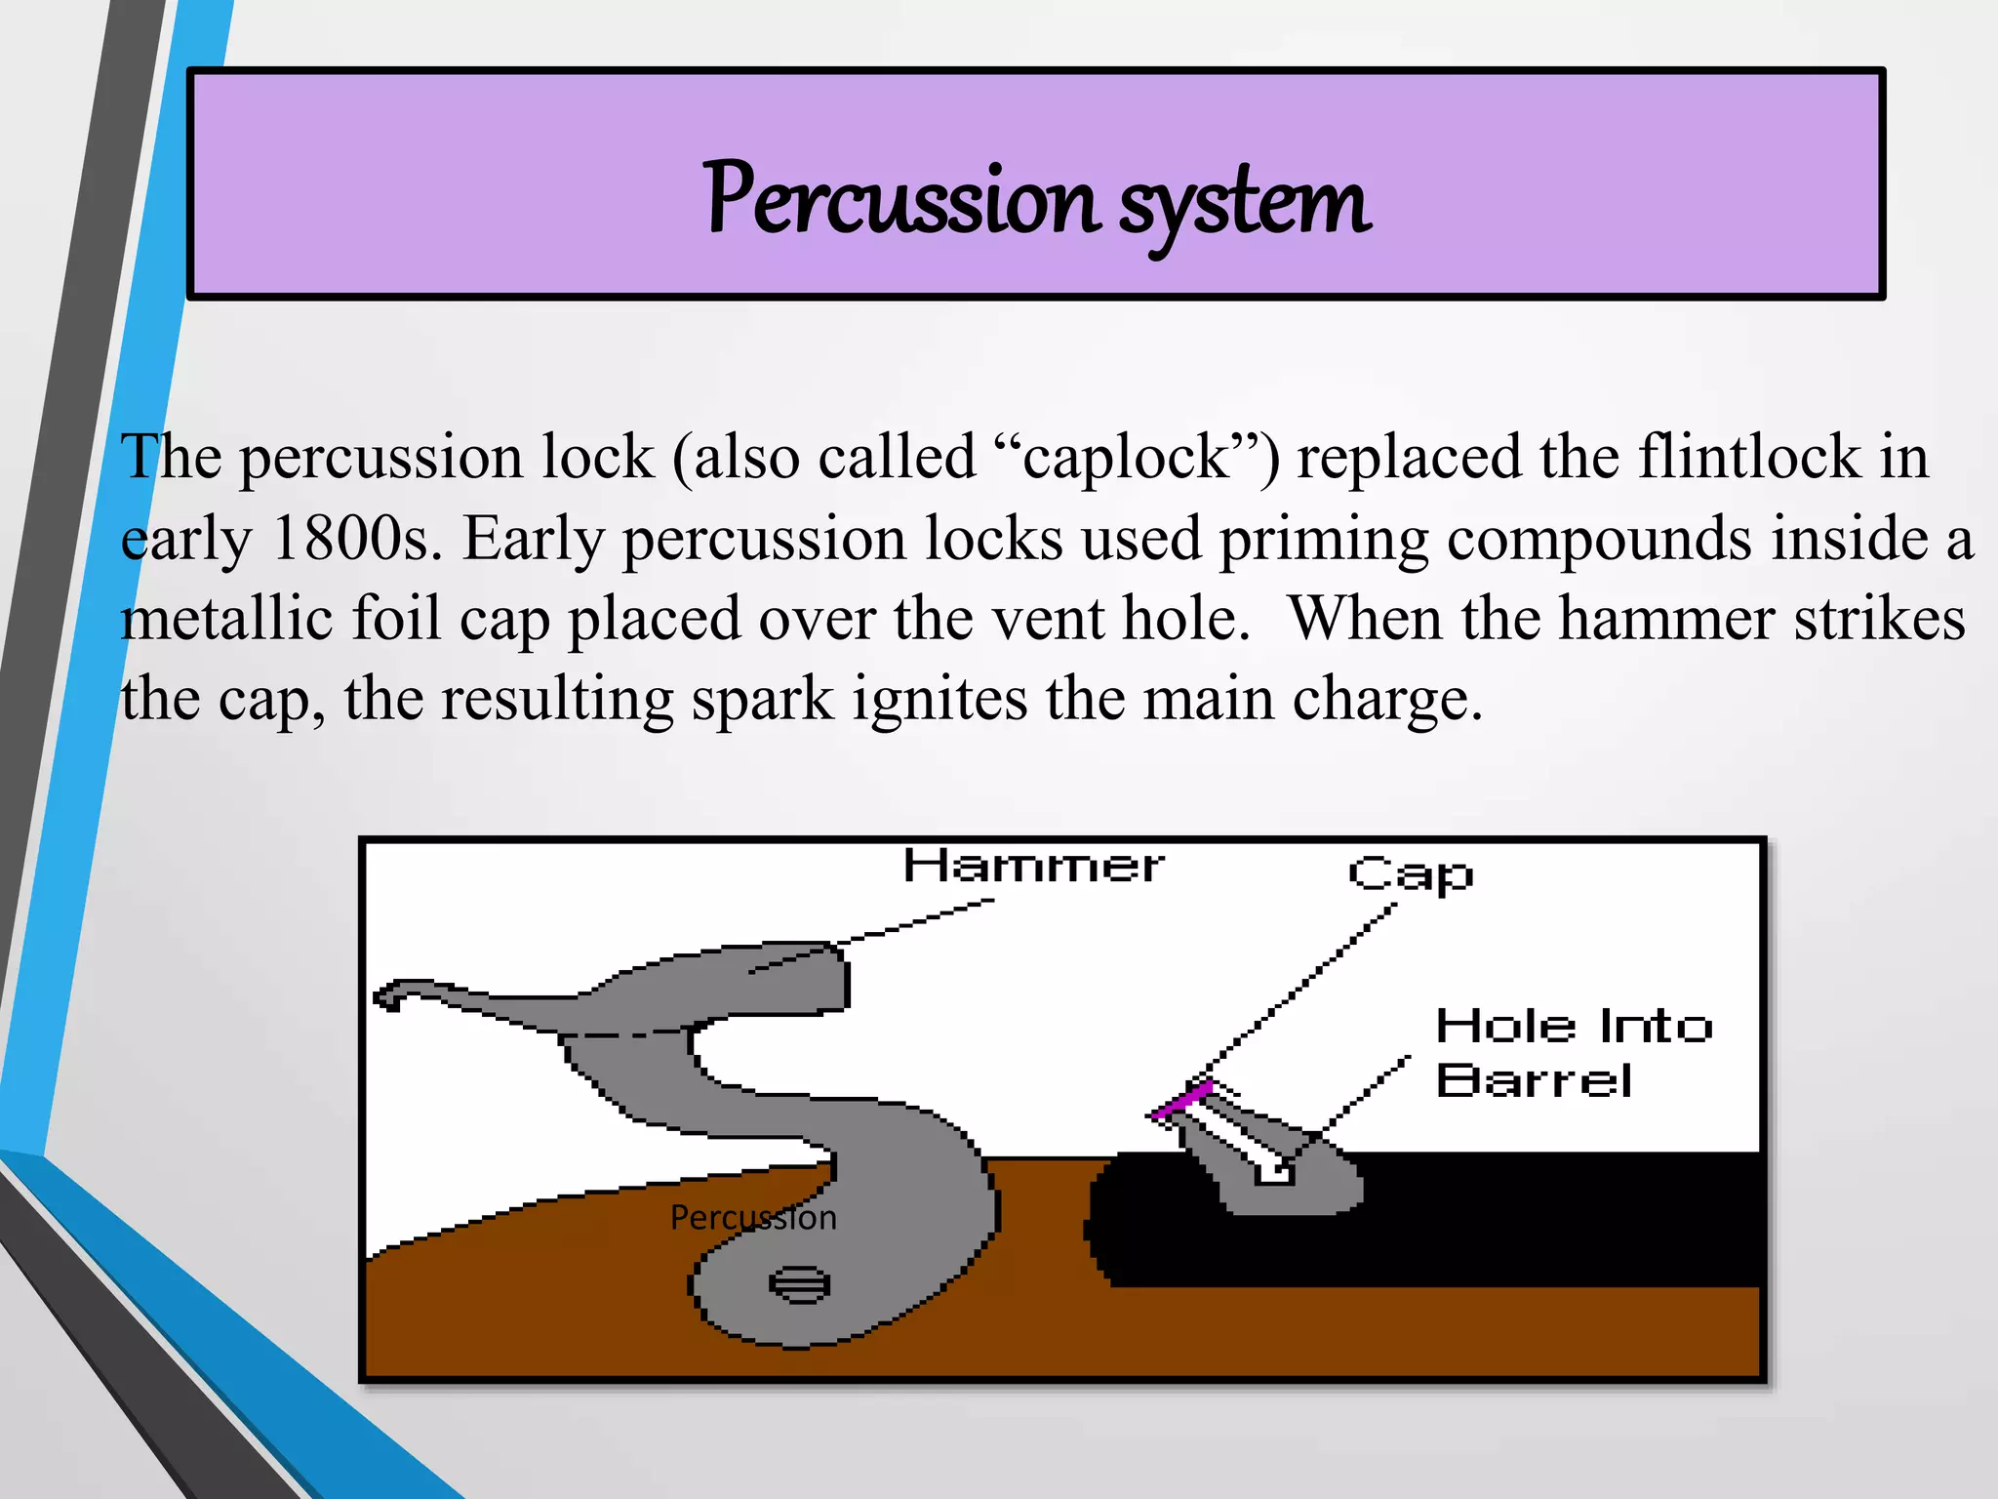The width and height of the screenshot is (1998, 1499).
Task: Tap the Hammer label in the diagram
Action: (1032, 866)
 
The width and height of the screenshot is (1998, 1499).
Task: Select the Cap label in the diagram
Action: (1411, 874)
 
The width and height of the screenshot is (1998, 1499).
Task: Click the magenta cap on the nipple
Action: (1181, 1100)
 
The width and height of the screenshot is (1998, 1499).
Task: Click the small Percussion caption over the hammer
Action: (753, 1218)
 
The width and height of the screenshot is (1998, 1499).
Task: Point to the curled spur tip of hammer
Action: (390, 996)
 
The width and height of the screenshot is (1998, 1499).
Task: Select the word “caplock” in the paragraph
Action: (1127, 457)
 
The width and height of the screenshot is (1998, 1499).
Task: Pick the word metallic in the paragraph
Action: (226, 619)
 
